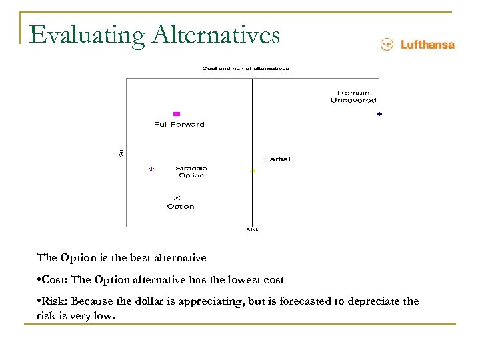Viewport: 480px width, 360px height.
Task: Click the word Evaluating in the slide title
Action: pos(87,35)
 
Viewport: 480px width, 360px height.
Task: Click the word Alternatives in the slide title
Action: pos(216,35)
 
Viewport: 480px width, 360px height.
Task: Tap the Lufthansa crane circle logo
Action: pos(387,45)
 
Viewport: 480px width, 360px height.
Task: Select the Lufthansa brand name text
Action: pos(427,45)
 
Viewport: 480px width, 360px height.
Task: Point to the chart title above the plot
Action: pos(246,68)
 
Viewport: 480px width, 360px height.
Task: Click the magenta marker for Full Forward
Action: pos(177,114)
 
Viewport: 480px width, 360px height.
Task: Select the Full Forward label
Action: pos(179,125)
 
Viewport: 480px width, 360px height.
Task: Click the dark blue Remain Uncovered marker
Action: pos(379,115)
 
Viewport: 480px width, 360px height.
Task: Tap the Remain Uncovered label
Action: pos(353,97)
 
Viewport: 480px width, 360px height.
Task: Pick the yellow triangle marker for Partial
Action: pos(253,171)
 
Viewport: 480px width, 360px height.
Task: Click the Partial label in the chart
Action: pos(277,159)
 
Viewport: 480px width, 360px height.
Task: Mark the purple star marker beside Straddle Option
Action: pos(151,170)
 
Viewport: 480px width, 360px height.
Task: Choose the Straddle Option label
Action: pos(191,172)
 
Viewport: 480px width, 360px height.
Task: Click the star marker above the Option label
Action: pos(177,198)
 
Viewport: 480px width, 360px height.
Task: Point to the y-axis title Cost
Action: pos(121,152)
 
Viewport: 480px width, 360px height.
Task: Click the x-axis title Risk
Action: pos(252,229)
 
